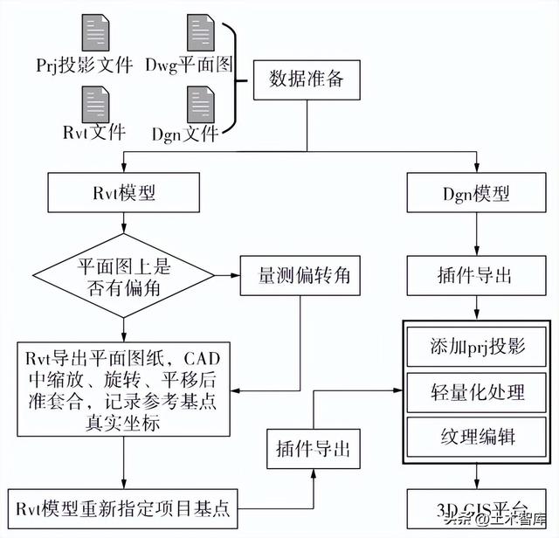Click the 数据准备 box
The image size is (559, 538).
tap(304, 81)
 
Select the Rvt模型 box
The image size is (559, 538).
tap(123, 192)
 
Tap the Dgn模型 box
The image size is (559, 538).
tap(475, 192)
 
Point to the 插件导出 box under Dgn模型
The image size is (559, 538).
tap(475, 275)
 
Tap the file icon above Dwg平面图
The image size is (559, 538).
tap(199, 32)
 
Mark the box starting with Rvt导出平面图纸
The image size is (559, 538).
tap(123, 390)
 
